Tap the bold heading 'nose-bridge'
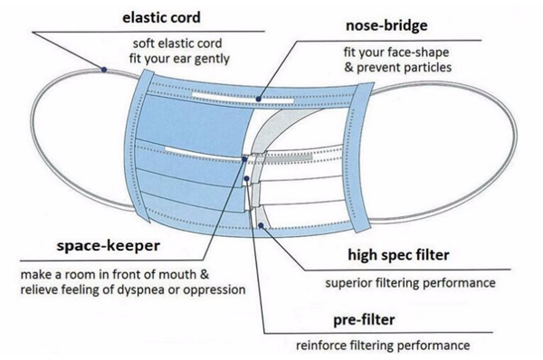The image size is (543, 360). [x=394, y=25]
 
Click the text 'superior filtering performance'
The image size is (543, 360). [x=410, y=282]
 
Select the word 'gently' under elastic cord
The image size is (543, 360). [x=210, y=60]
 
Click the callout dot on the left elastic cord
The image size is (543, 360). [x=105, y=70]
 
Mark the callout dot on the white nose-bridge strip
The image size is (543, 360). [x=259, y=99]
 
